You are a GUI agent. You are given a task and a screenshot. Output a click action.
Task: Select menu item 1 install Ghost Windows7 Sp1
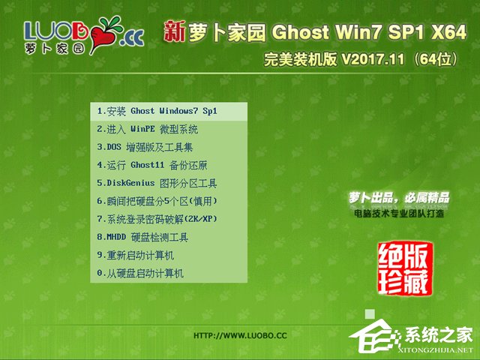coord(157,111)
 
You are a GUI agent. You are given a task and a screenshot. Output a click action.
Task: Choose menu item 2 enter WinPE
coord(148,129)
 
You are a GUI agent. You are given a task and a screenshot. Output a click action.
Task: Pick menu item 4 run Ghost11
coord(152,165)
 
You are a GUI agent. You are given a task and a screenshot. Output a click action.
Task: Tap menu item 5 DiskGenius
coord(157,183)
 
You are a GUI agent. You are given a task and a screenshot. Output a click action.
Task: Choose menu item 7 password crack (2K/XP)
coord(157,219)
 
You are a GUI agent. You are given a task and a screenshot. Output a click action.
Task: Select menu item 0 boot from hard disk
coord(140,274)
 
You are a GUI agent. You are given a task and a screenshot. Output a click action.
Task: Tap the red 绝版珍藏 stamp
coord(406,268)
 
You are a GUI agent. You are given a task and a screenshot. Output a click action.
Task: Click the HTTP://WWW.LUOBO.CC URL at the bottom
coord(240,335)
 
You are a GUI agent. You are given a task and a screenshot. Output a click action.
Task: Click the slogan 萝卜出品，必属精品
coord(399,198)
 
